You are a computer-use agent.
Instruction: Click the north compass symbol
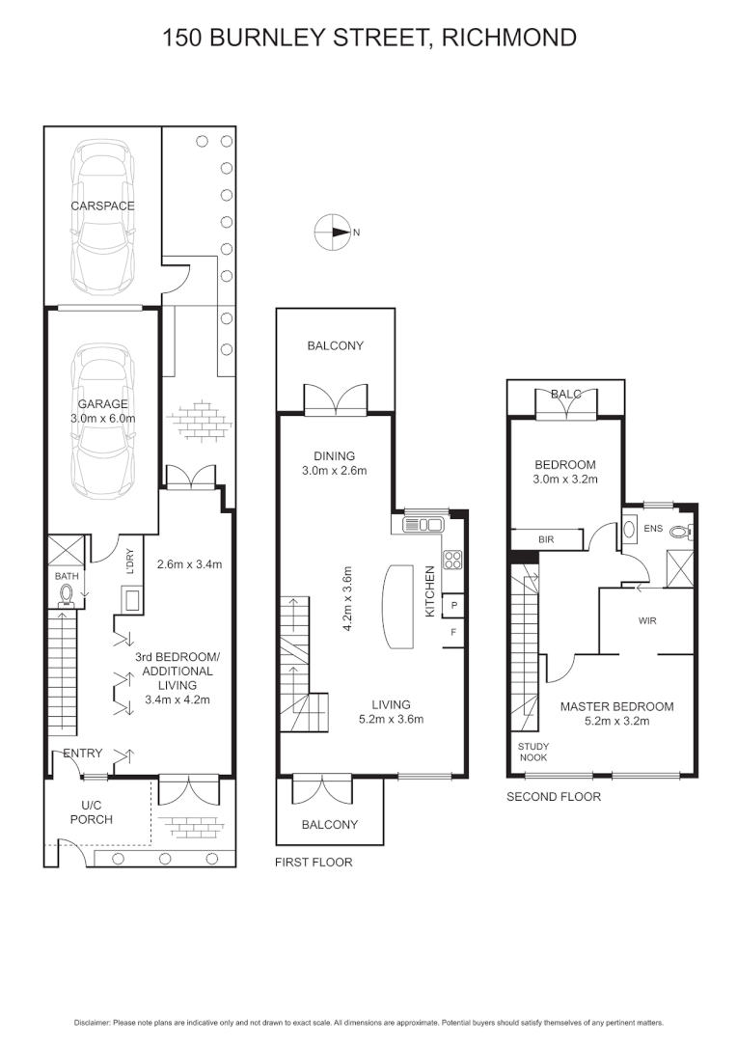click(x=331, y=232)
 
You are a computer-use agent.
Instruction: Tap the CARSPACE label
click(x=101, y=206)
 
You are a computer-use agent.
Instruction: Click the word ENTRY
click(x=81, y=754)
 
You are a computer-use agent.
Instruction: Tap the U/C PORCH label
click(x=96, y=812)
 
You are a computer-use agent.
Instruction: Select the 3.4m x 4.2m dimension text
click(x=176, y=700)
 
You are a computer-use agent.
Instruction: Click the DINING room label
click(x=334, y=456)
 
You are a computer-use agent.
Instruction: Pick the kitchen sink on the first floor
click(x=424, y=525)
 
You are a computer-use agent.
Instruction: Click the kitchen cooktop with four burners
click(x=452, y=559)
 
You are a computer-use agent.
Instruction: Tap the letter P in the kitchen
click(x=453, y=605)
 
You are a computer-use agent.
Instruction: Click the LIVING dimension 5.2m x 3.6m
click(x=391, y=719)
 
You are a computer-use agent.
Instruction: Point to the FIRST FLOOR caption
click(x=314, y=862)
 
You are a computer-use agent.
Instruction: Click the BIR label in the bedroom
click(x=545, y=538)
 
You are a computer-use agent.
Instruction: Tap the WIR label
click(x=646, y=620)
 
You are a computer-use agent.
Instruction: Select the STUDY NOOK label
click(x=533, y=753)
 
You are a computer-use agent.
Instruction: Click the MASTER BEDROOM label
click(x=617, y=706)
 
